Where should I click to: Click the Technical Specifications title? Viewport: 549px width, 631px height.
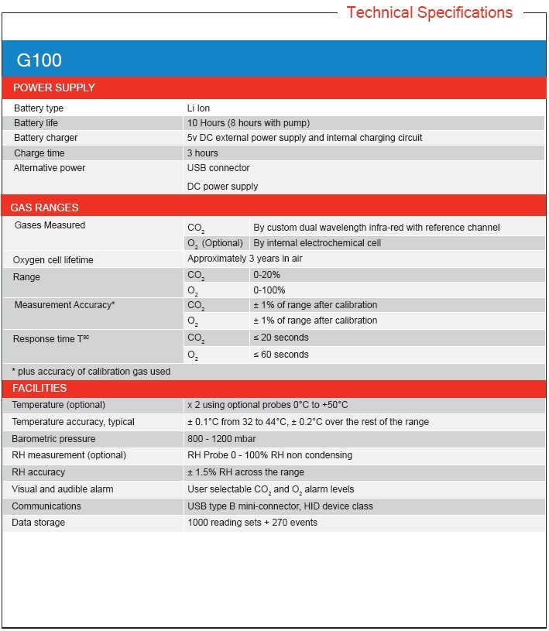(429, 12)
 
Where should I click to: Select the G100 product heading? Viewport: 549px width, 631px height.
(39, 60)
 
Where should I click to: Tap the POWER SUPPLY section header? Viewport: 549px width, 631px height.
(54, 87)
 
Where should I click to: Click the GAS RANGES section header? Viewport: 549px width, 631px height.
(44, 207)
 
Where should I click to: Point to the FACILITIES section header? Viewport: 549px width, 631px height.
(39, 388)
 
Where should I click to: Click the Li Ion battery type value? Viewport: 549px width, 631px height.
(198, 108)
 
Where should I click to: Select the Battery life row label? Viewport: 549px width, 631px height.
(36, 123)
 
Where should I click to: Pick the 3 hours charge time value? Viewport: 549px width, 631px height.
(203, 153)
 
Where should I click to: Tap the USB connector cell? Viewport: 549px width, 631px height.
(218, 168)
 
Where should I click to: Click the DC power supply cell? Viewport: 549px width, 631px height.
(222, 187)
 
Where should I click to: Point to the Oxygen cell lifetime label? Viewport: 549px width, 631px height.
(53, 260)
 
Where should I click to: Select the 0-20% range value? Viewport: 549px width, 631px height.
(267, 276)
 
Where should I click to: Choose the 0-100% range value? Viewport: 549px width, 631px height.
(269, 290)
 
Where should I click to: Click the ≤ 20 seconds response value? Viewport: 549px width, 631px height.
(281, 338)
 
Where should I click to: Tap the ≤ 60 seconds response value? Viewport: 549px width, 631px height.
(281, 355)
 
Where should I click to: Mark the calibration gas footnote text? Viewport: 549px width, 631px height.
(91, 372)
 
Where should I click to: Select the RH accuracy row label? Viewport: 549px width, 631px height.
(39, 472)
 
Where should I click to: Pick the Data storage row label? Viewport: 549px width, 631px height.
(39, 523)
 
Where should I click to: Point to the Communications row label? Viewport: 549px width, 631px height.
(46, 506)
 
